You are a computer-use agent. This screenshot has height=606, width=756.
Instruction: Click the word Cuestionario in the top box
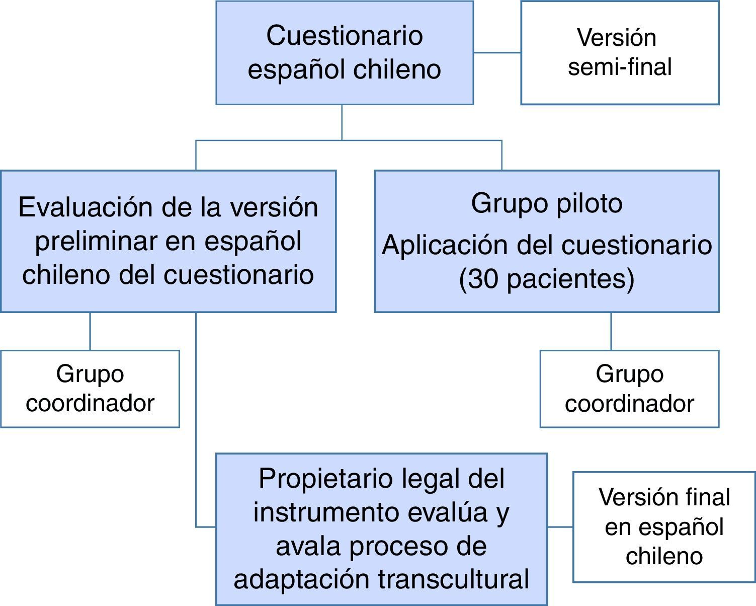point(344,36)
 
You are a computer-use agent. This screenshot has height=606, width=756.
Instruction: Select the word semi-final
point(619,67)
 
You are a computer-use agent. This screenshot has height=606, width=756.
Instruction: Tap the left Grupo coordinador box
point(90,389)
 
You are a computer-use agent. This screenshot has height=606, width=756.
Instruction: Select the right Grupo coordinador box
point(629,389)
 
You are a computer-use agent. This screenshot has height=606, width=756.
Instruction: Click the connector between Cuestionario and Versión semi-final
point(497,52)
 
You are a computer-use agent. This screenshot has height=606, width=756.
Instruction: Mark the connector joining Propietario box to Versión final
point(560,527)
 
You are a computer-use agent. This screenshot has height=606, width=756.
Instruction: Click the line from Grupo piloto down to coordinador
point(611,331)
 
